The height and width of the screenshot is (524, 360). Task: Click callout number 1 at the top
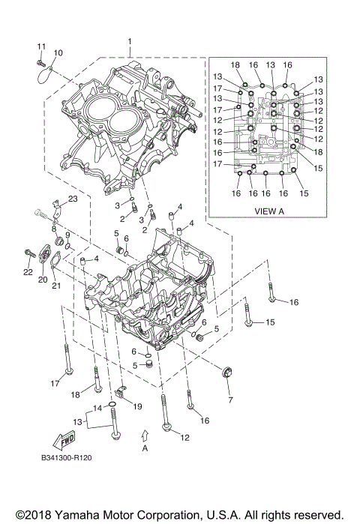[x=129, y=42]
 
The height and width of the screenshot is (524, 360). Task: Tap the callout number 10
[x=58, y=52]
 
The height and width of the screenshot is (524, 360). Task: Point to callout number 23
[x=72, y=199]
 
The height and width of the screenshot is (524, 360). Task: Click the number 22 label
[x=28, y=272]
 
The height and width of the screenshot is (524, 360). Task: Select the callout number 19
[x=137, y=406]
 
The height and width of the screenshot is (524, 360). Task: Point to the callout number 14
[x=97, y=408]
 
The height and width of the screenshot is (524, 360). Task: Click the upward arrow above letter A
[x=145, y=433]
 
